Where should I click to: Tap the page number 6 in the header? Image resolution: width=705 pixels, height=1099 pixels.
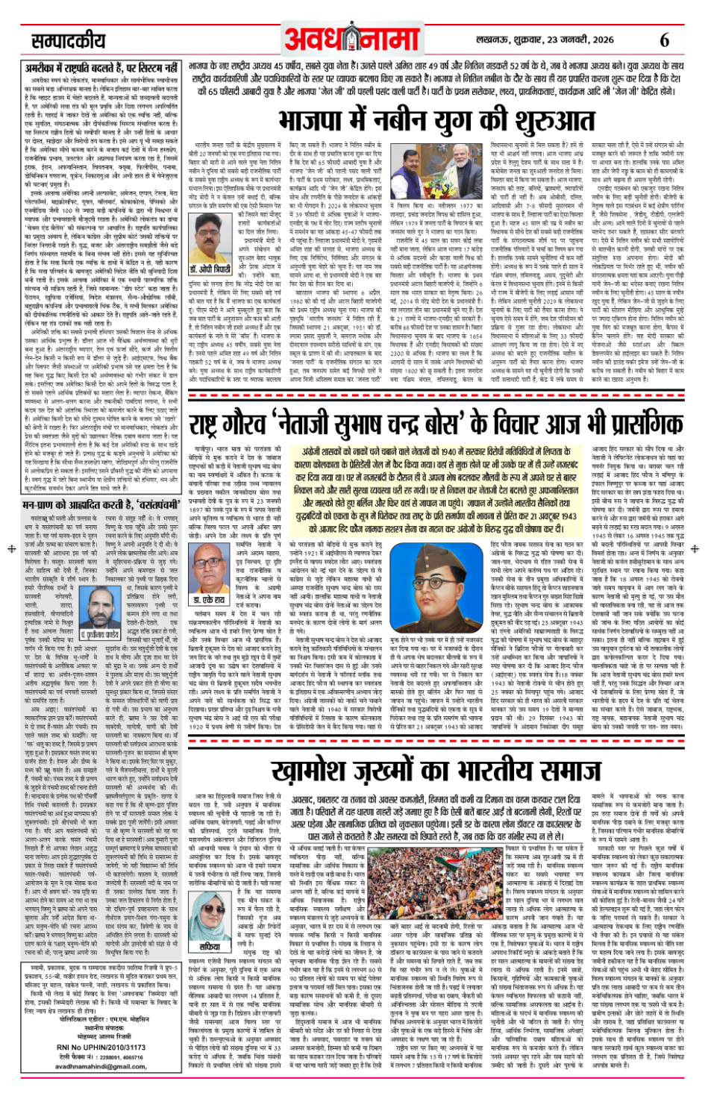tap(665, 40)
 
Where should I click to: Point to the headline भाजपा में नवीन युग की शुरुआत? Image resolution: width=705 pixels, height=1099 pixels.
tap(436, 119)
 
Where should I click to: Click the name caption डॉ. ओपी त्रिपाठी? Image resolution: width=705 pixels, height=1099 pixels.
tap(212, 248)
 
